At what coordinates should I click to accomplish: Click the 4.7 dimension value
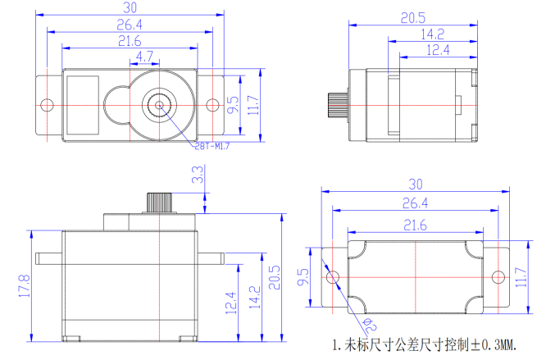(x=143, y=57)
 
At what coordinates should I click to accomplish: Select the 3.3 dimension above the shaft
(x=198, y=174)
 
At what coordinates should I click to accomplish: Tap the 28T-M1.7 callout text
(x=211, y=148)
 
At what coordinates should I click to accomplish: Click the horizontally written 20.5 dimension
(x=414, y=18)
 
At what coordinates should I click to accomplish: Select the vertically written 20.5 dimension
(x=274, y=276)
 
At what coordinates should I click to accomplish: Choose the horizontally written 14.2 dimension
(x=432, y=34)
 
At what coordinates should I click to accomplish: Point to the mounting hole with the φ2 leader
(x=334, y=278)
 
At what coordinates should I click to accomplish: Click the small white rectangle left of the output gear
(x=83, y=105)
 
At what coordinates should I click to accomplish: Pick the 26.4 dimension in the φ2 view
(x=416, y=203)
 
